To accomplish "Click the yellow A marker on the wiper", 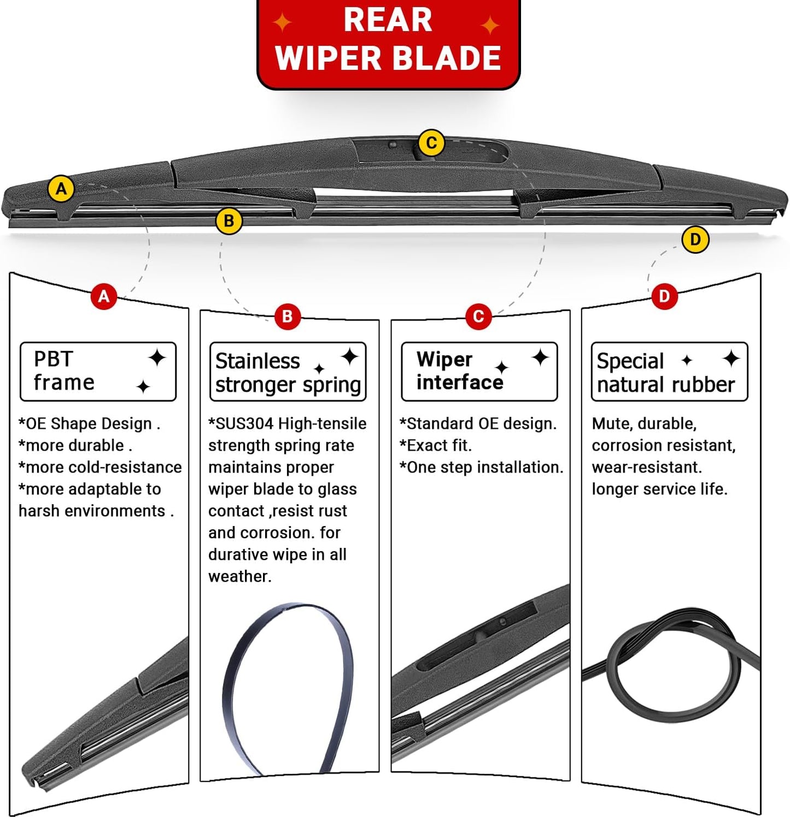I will pyautogui.click(x=61, y=189).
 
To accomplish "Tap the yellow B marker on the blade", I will pyautogui.click(x=229, y=221).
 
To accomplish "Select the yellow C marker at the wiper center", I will pyautogui.click(x=431, y=143).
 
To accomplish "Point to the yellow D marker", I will pyautogui.click(x=695, y=239).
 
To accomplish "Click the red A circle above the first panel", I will pyautogui.click(x=104, y=297).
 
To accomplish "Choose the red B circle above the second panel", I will pyautogui.click(x=287, y=316).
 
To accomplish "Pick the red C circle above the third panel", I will pyautogui.click(x=478, y=316).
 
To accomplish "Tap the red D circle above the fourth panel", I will pyautogui.click(x=664, y=296).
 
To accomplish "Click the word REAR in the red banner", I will pyautogui.click(x=388, y=21).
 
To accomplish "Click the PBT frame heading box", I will pyautogui.click(x=98, y=371).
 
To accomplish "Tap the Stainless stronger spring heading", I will pyautogui.click(x=288, y=372).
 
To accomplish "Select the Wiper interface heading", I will pyautogui.click(x=479, y=371).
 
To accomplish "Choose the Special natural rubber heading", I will pyautogui.click(x=669, y=372).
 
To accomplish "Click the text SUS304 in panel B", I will pyautogui.click(x=244, y=424).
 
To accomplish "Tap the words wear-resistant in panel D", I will pyautogui.click(x=647, y=468).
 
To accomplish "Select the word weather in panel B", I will pyautogui.click(x=239, y=576).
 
